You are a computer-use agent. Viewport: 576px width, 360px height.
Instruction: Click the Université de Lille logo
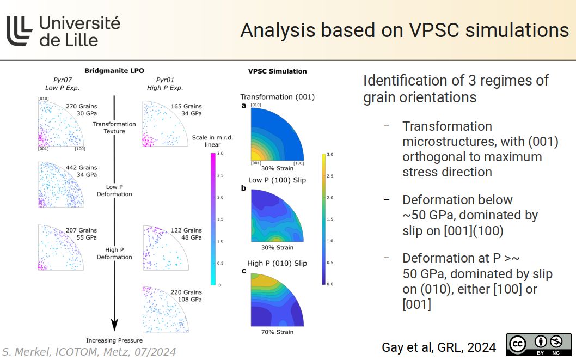tap(63, 30)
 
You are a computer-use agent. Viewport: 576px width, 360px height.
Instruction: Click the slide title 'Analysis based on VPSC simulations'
tap(404, 30)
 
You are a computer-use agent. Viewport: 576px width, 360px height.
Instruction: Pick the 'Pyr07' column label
tap(63, 80)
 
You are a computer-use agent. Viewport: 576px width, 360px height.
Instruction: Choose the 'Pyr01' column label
tap(165, 80)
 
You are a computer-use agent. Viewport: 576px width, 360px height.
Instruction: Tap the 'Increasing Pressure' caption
tap(114, 340)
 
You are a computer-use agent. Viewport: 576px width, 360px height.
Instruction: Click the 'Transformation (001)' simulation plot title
tap(278, 97)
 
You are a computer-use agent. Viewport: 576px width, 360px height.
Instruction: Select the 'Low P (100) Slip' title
tap(277, 180)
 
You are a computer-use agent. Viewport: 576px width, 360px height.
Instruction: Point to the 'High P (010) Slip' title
tap(277, 263)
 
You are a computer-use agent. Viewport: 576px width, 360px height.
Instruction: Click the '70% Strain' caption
tap(277, 332)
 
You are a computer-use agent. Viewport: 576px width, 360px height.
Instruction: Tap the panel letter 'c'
tap(244, 271)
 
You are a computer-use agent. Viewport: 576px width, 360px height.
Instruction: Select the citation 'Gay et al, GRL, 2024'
tap(439, 347)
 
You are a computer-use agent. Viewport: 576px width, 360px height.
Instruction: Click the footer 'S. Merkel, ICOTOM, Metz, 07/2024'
tap(89, 352)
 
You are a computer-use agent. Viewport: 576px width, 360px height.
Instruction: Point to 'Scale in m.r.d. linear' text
tap(212, 141)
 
